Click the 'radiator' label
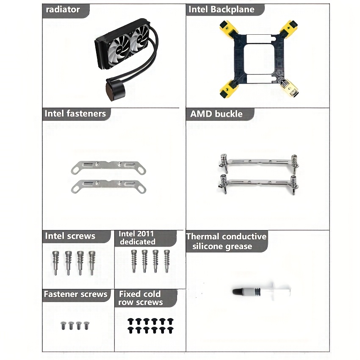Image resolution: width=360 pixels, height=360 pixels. (63, 10)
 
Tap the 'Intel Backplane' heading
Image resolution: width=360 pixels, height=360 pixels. (222, 9)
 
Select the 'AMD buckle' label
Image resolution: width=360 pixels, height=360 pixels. (216, 114)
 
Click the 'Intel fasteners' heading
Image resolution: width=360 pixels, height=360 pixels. (75, 114)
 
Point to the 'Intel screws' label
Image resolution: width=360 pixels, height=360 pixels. (70, 236)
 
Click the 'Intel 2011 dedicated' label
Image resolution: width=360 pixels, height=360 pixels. (137, 238)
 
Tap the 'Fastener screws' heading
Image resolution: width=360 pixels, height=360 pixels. (75, 294)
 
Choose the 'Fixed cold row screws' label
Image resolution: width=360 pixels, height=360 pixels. (140, 298)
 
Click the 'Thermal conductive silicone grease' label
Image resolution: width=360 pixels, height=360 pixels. (226, 241)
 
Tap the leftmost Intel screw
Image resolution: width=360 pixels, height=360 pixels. (55, 263)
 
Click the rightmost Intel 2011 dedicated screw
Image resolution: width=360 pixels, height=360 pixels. (167, 261)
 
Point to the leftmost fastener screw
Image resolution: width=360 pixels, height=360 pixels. (64, 326)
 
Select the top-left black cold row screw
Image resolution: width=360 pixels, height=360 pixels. (130, 321)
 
